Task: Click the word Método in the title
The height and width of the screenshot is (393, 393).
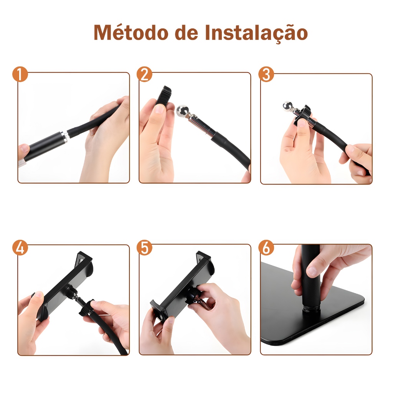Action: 131,32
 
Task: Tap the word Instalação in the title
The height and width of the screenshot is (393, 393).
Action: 256,33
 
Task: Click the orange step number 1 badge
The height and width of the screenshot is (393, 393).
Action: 20,74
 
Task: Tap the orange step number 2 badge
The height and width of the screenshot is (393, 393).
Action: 145,74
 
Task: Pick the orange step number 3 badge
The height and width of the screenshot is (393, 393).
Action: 266,74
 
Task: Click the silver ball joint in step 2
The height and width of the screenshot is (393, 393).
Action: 182,111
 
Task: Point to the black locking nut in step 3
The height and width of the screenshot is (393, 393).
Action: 303,114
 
